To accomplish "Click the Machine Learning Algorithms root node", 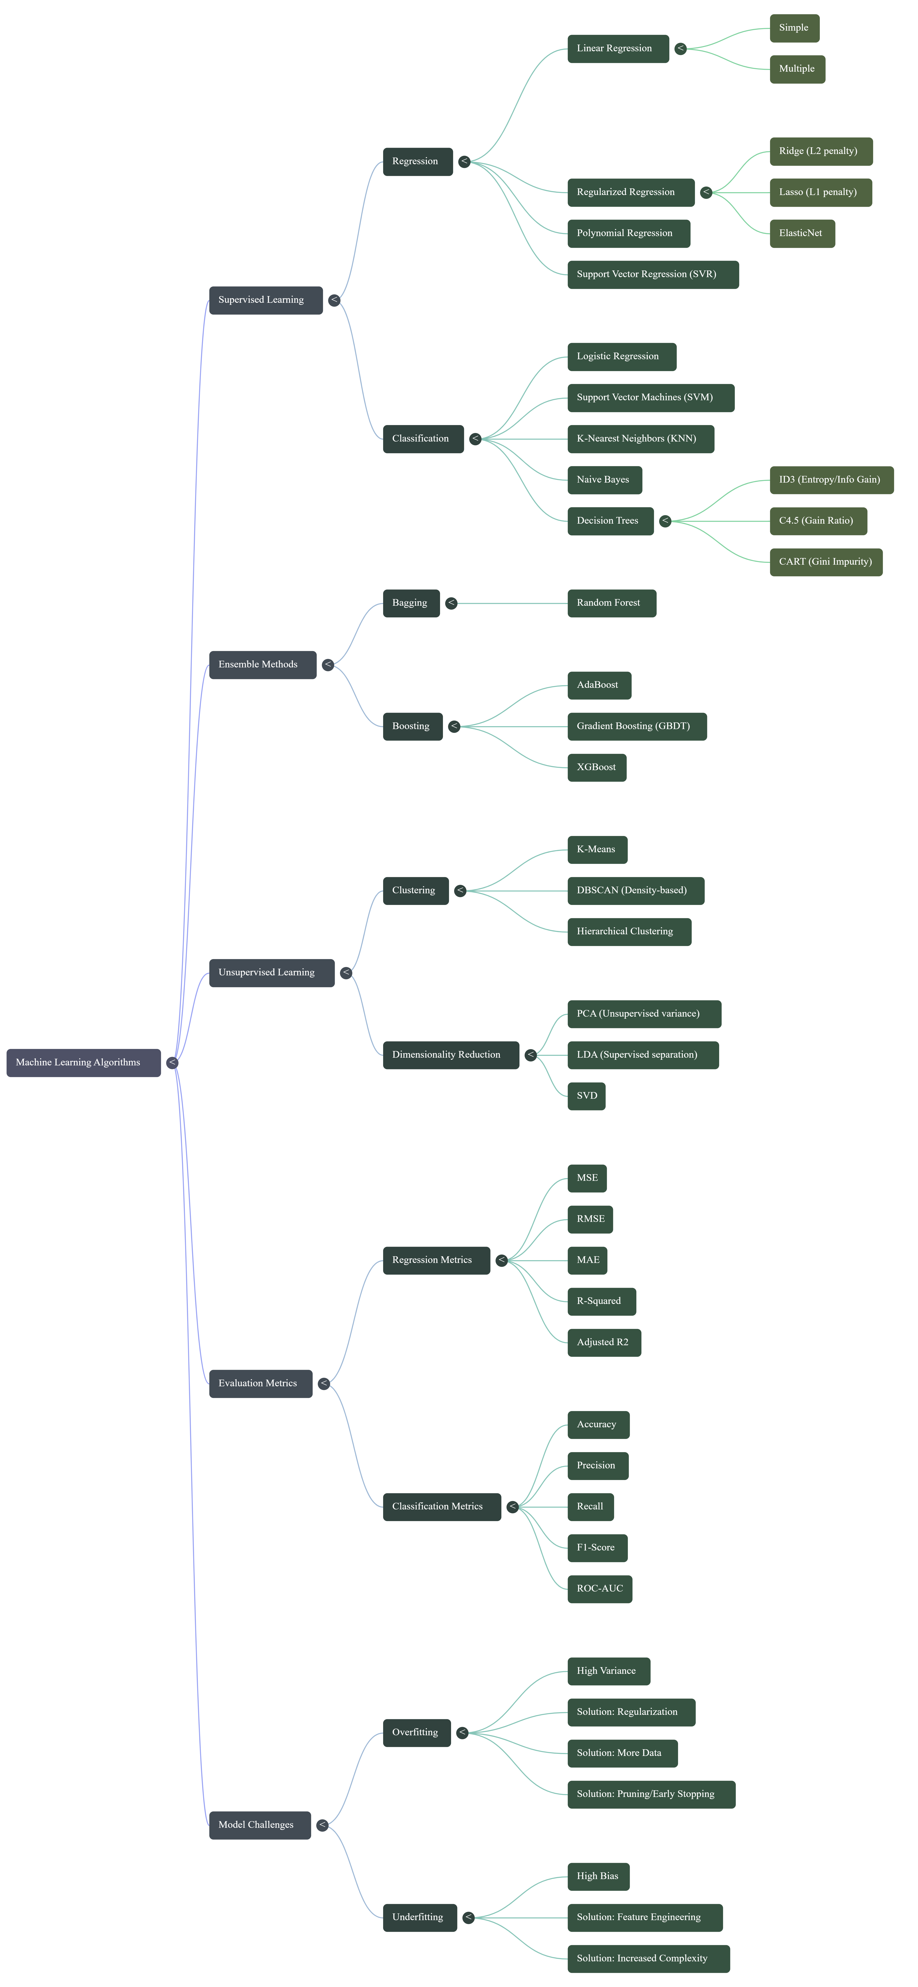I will [x=83, y=1062].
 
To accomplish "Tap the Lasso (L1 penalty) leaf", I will [x=820, y=192].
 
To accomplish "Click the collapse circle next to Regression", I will [x=464, y=161].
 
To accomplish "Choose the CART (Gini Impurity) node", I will [x=825, y=562].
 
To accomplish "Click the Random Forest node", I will [x=611, y=603].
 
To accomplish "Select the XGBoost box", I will [x=596, y=767].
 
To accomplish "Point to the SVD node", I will [x=586, y=1096].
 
